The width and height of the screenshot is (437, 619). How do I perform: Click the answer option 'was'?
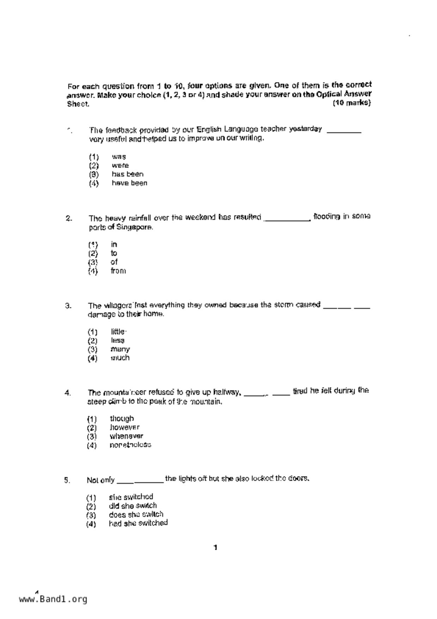(x=119, y=157)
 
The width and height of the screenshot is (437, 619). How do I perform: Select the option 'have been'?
(x=129, y=183)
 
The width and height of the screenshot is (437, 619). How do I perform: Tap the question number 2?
(x=69, y=218)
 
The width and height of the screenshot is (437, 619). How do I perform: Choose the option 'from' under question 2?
(x=118, y=271)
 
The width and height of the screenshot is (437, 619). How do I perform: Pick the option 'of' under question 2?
(x=114, y=262)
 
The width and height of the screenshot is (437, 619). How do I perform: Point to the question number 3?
(x=68, y=306)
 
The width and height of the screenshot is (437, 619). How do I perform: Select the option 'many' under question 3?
(x=120, y=349)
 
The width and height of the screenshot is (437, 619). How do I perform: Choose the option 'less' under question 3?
(x=117, y=341)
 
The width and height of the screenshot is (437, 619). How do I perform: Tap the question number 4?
(x=68, y=393)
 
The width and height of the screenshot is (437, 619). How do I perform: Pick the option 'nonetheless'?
(x=130, y=445)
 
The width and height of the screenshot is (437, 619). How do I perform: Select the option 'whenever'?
(x=126, y=436)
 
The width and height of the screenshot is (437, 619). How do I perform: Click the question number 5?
(x=67, y=480)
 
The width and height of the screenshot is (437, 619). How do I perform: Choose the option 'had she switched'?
(x=138, y=523)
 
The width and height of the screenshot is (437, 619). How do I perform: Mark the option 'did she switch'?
(x=133, y=506)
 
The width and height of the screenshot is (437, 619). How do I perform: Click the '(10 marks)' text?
(x=352, y=103)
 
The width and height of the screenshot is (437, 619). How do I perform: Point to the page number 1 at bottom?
(x=216, y=548)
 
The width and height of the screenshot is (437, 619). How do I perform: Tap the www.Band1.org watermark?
(x=53, y=599)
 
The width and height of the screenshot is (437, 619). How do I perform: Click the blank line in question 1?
(x=344, y=132)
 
